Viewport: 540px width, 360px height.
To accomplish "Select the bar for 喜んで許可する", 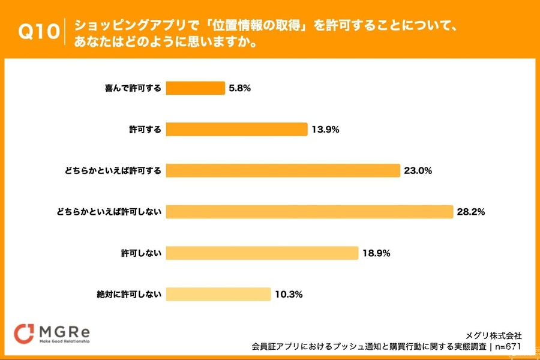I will coord(195,88).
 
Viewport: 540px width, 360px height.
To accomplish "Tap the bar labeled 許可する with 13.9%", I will coord(236,129).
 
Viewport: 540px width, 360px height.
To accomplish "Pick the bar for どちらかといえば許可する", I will coord(283,170).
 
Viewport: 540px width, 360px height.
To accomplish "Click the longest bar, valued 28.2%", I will coord(309,212).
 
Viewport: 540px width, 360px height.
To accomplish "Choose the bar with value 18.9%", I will coord(262,253).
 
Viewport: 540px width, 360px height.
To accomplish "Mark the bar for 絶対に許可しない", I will coord(218,294).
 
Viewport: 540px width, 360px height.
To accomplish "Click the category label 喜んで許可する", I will coord(133,88).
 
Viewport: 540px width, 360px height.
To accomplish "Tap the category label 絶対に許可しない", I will coord(128,294).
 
